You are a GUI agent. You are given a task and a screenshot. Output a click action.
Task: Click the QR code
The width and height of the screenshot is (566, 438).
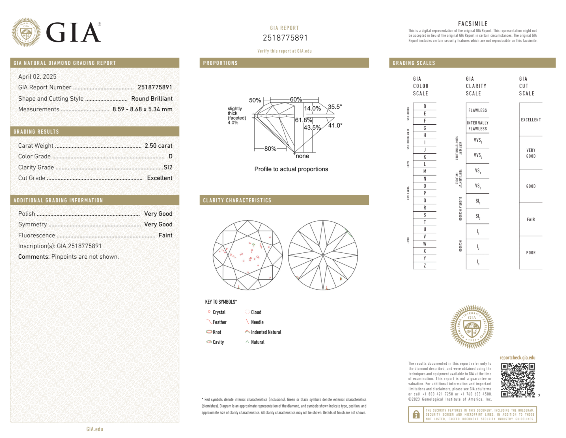click(518, 380)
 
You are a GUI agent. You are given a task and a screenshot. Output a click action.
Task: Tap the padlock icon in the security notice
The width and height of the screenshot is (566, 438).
click(416, 414)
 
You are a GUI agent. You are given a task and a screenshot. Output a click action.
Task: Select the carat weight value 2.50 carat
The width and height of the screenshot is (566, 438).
click(158, 146)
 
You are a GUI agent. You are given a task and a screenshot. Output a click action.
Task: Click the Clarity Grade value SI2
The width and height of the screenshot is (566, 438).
click(168, 167)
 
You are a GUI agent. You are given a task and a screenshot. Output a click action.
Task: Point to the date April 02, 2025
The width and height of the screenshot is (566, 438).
click(37, 76)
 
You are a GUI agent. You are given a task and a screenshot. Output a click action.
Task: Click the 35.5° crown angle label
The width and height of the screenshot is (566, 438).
click(335, 107)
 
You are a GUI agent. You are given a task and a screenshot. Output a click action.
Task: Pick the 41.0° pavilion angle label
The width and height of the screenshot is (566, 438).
click(335, 125)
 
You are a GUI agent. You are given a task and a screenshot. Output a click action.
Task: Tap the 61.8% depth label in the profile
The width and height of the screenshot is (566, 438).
click(303, 120)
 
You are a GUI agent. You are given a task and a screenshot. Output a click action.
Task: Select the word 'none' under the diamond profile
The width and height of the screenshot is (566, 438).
click(302, 156)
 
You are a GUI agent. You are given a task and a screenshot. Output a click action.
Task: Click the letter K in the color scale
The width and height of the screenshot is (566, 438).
click(425, 157)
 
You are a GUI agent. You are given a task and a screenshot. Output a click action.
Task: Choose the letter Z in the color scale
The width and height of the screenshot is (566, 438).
click(425, 265)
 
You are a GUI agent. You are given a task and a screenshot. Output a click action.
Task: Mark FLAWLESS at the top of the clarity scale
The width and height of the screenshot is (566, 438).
click(477, 110)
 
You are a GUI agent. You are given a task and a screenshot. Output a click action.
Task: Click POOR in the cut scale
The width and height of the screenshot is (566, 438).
click(531, 252)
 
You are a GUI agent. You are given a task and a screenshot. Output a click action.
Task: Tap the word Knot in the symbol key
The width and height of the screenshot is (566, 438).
click(217, 332)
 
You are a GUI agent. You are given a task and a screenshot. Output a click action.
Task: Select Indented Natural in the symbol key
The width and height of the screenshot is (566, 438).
click(266, 332)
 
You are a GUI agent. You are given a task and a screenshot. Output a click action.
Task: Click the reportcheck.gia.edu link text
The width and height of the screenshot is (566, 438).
click(517, 358)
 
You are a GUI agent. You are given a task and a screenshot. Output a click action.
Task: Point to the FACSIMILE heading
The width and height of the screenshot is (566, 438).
click(473, 24)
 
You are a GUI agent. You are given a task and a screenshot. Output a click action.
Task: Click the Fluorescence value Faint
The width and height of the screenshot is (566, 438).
click(165, 235)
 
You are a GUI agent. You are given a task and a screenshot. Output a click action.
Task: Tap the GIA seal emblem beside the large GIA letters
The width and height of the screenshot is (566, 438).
click(26, 32)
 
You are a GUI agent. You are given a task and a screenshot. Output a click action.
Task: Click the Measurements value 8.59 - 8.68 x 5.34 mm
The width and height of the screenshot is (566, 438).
click(142, 109)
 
